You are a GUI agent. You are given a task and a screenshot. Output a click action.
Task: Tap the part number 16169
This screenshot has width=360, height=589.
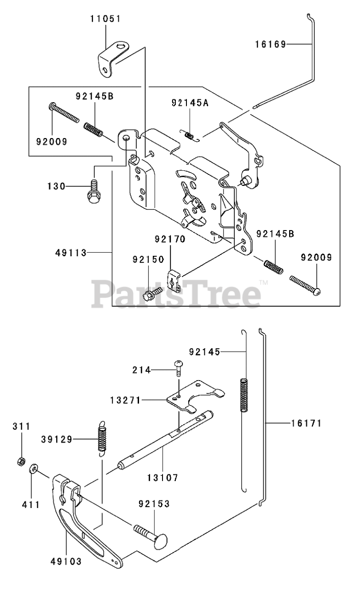click(271, 44)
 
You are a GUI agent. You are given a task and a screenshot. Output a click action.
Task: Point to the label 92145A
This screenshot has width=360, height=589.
click(190, 103)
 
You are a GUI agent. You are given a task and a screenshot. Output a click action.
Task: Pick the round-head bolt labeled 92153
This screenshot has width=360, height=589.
click(154, 540)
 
